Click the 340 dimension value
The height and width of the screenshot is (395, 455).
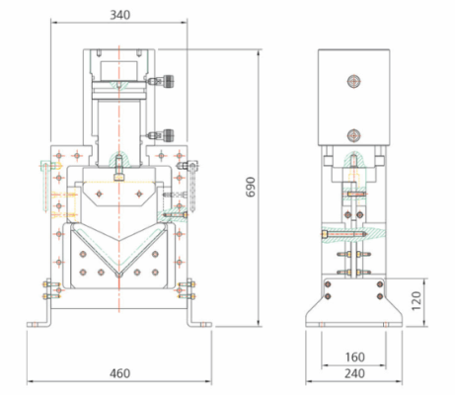pos(119,15)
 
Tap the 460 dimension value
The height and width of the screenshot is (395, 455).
pos(119,373)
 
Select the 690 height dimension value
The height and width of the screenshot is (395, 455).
pos(251,187)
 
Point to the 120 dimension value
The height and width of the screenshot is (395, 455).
pos(417,300)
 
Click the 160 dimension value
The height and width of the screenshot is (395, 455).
pos(354,357)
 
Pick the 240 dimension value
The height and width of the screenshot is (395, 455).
pos(354,373)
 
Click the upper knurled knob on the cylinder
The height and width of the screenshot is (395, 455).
pos(169,81)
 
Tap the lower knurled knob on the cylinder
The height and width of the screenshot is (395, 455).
pos(169,135)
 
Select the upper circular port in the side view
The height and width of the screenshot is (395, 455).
pos(354,81)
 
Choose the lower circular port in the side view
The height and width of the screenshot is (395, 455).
pos(354,135)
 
